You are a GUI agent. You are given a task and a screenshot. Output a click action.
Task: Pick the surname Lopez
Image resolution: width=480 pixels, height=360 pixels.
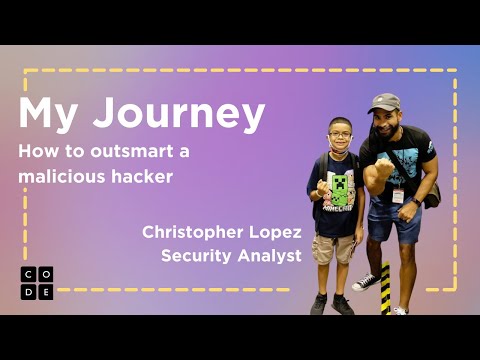(271, 232)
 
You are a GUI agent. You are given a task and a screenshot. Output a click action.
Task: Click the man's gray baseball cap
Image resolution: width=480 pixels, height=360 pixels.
(383, 103)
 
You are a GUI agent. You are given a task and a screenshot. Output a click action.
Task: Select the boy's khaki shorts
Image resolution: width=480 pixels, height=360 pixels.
(333, 249)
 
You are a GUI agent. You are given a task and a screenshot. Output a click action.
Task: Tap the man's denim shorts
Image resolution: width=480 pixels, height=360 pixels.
(394, 223)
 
